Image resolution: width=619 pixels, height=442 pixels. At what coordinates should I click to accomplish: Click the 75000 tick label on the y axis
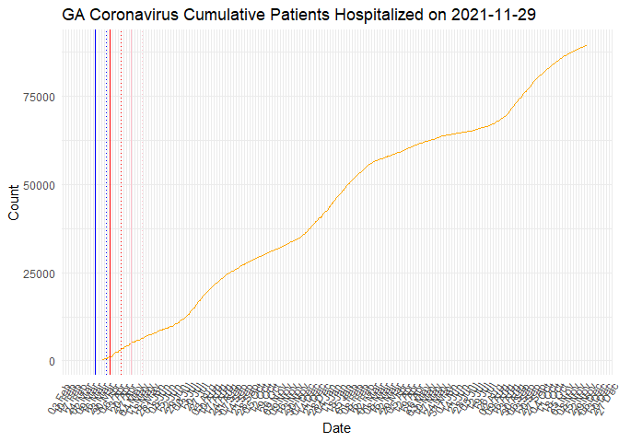click(38, 97)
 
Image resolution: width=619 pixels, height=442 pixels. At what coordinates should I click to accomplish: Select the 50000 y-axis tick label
click(38, 185)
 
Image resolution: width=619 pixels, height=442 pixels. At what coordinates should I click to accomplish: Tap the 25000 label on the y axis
click(38, 273)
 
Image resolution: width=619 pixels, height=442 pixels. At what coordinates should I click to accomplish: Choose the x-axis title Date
click(336, 428)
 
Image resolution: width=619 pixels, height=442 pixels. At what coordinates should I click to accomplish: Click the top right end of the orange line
click(587, 45)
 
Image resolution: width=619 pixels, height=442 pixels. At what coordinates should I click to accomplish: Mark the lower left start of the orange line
click(101, 360)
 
